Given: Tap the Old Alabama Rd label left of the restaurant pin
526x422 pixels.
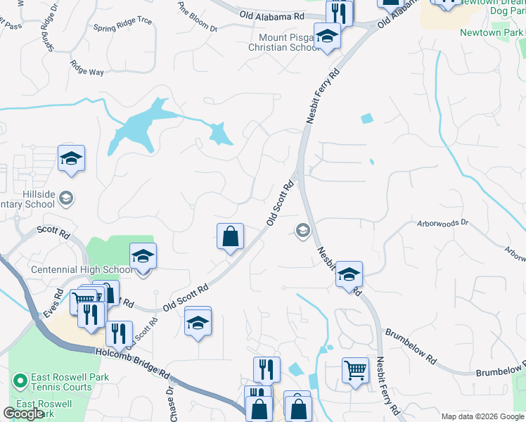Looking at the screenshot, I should (271, 15).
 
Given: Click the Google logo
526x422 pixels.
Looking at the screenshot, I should (23, 414).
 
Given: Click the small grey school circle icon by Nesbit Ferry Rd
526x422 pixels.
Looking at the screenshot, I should (303, 230).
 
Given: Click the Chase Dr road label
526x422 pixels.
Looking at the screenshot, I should (171, 400).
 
